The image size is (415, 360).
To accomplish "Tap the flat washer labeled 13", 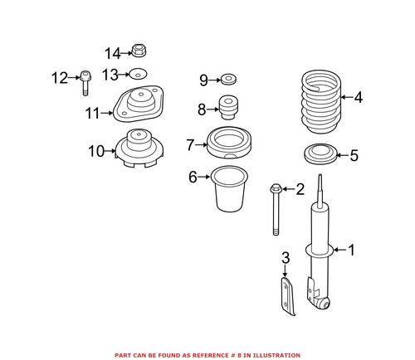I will (x=139, y=74).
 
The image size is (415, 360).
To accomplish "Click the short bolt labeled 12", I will (x=85, y=80).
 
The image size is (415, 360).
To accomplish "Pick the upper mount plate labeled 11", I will (x=138, y=106).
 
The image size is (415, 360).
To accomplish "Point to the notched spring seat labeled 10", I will (x=138, y=149).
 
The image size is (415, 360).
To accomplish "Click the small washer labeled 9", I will (x=227, y=80).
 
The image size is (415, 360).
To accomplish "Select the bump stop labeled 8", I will (x=227, y=108).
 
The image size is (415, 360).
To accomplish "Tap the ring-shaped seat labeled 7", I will (x=227, y=144).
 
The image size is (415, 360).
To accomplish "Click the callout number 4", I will (x=358, y=98).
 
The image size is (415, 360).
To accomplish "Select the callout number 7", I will (x=191, y=145).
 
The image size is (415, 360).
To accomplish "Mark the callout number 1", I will (x=351, y=249).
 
